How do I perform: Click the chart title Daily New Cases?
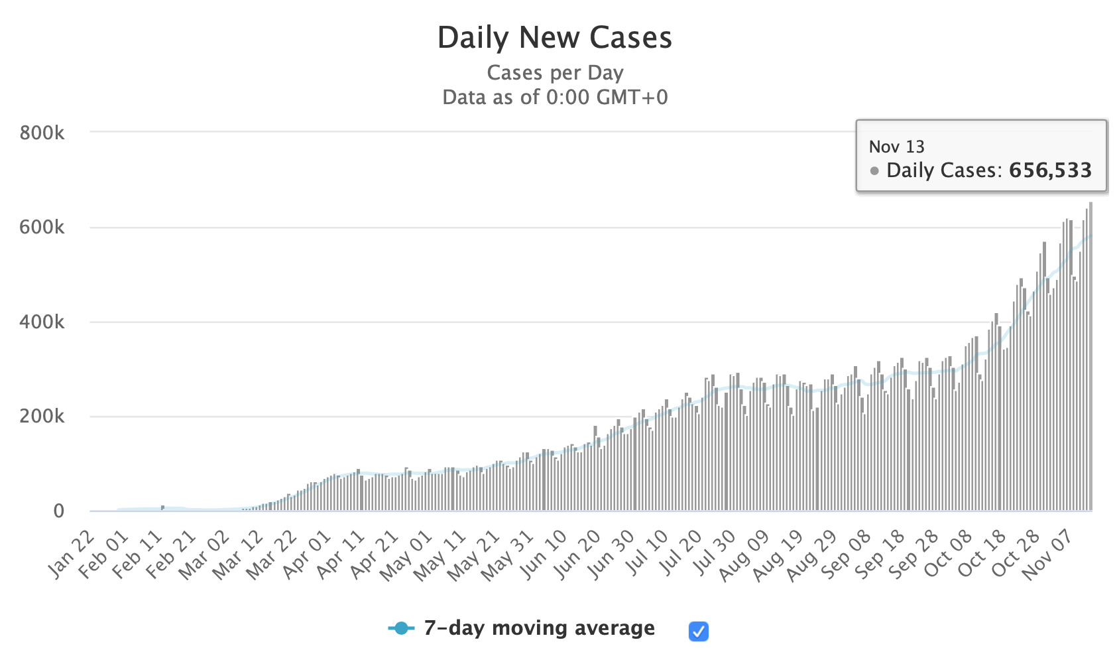(555, 38)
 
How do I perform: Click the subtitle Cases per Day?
(555, 72)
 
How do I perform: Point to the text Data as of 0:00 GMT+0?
(555, 98)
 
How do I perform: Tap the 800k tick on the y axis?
(42, 133)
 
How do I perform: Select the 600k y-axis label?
(42, 228)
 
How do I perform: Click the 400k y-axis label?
(42, 322)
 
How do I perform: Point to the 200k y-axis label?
(42, 417)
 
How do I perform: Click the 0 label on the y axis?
(58, 511)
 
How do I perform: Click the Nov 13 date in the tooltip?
(896, 147)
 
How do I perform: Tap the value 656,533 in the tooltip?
(1050, 170)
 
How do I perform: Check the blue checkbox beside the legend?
(698, 631)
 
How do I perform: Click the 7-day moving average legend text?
(539, 627)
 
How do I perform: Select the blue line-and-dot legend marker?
(401, 628)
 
